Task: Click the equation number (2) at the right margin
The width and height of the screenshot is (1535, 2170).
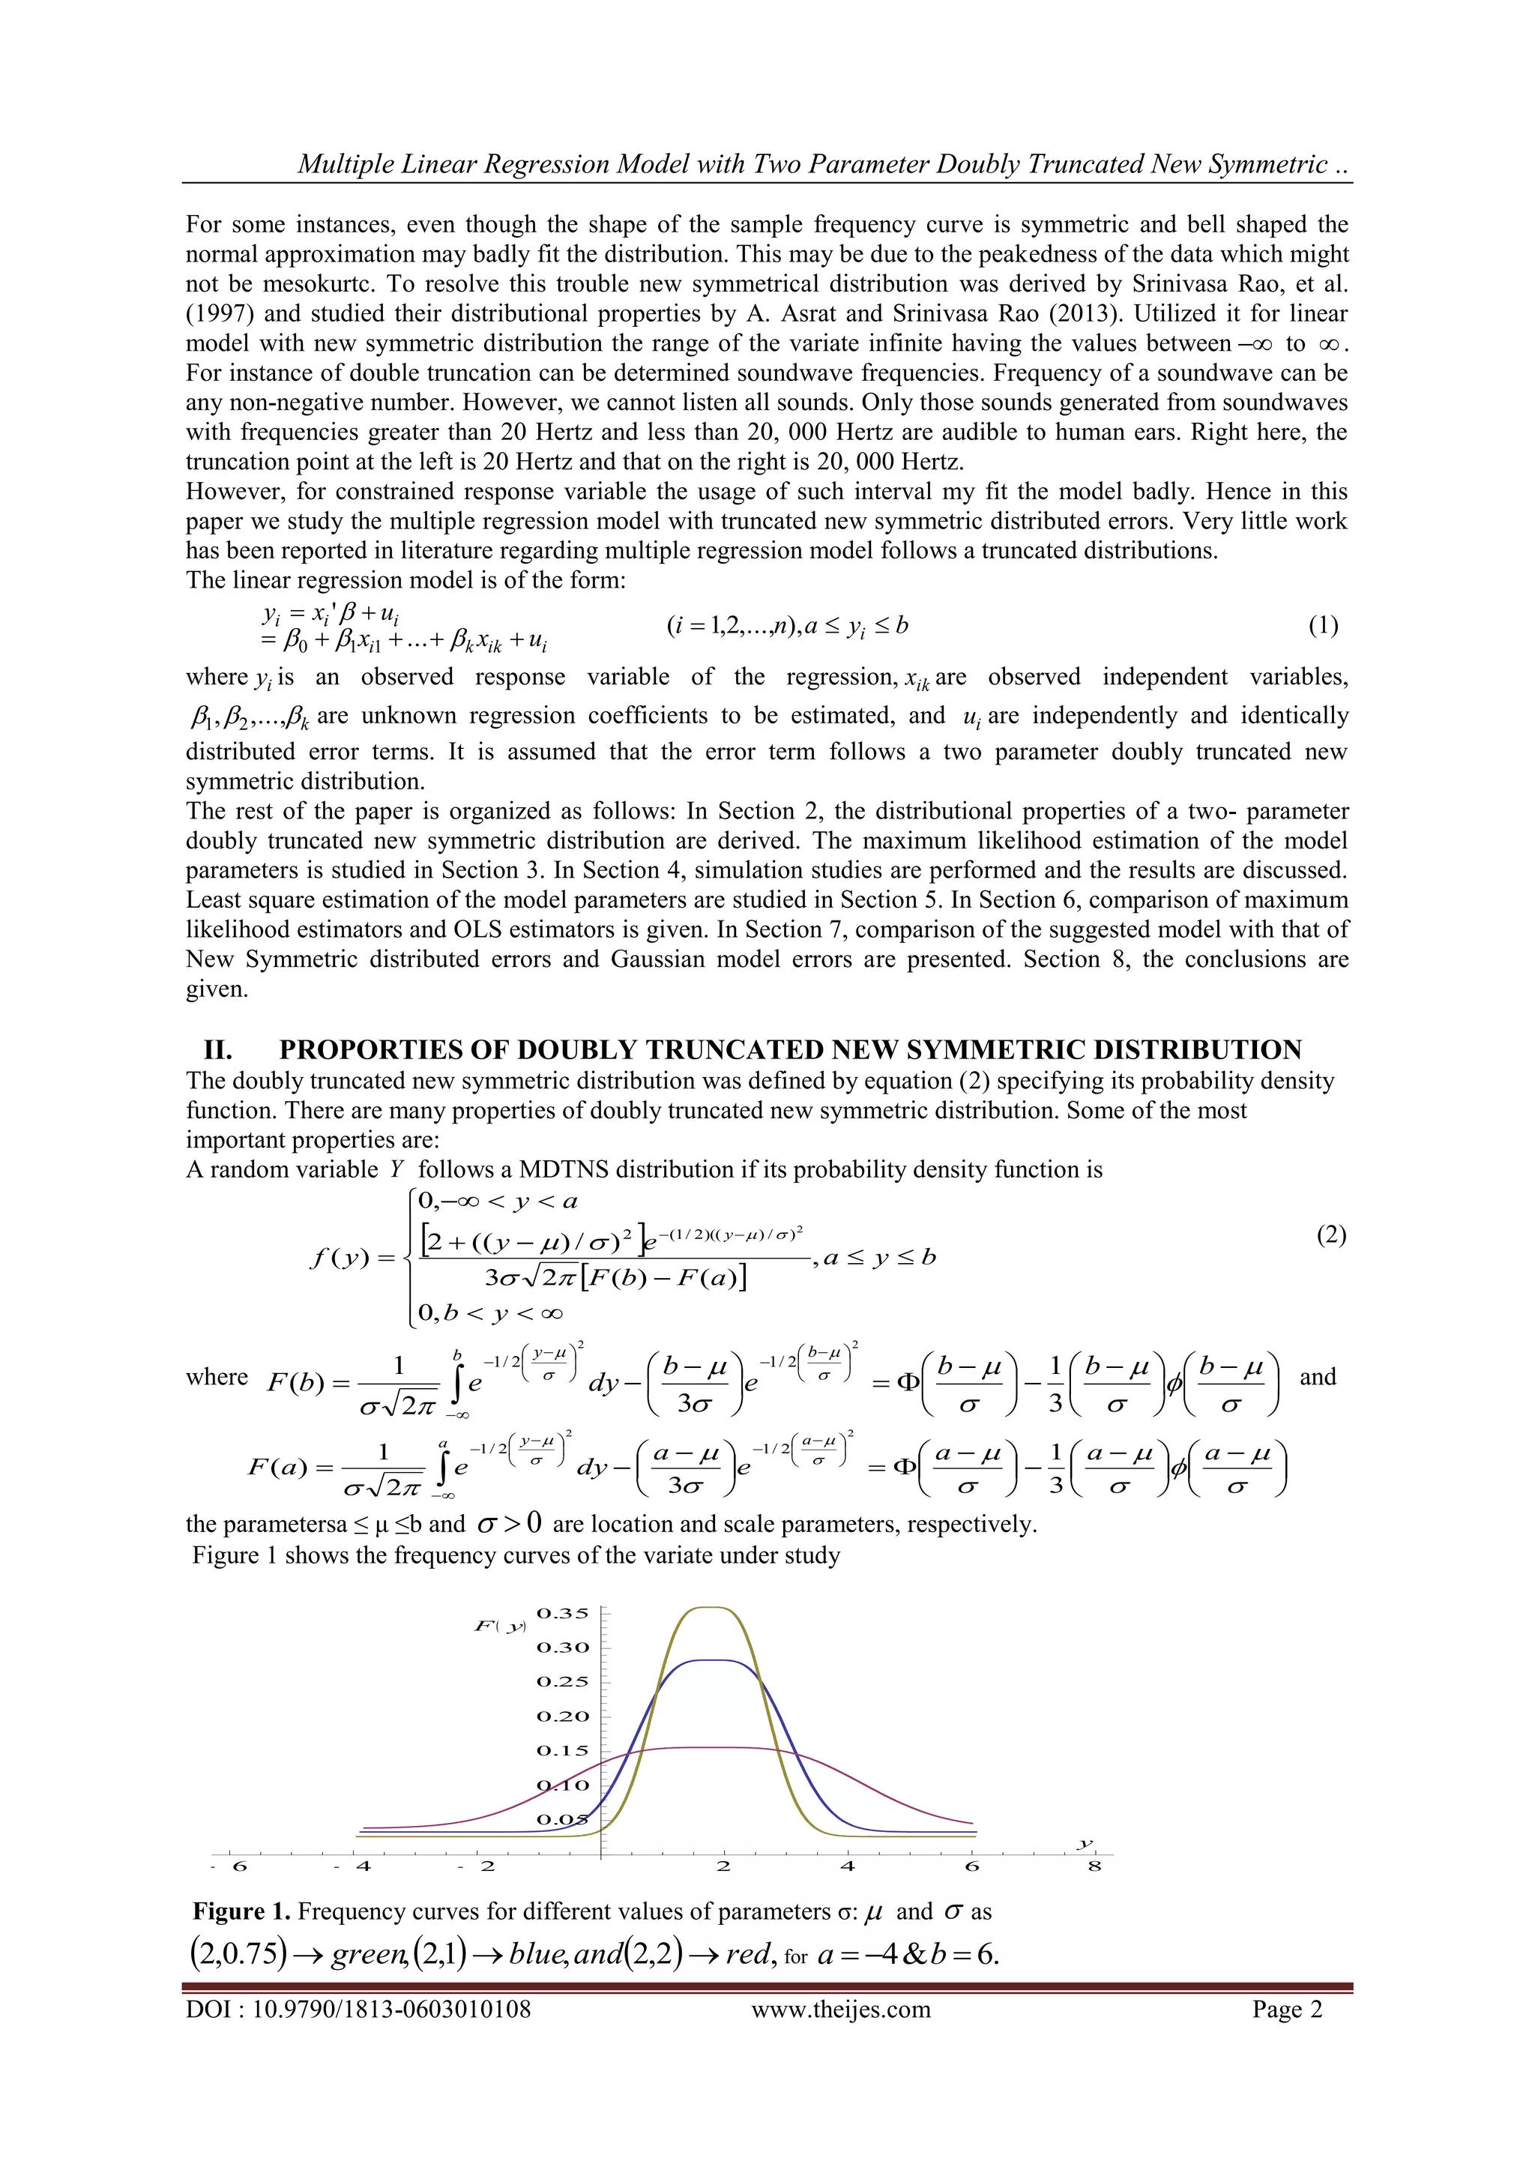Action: click(1331, 1235)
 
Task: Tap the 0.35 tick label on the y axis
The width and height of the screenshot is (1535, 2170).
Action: click(562, 1613)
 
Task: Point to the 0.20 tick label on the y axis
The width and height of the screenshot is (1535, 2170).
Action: click(562, 1717)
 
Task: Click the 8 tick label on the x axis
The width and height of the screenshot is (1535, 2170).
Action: click(1094, 1866)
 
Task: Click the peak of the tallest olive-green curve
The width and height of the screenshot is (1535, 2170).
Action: click(713, 1608)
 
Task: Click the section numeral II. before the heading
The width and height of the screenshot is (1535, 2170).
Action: click(218, 1050)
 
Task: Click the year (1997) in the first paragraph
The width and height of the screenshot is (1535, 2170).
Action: click(217, 314)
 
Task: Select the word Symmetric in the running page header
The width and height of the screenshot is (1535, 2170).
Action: click(1267, 164)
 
